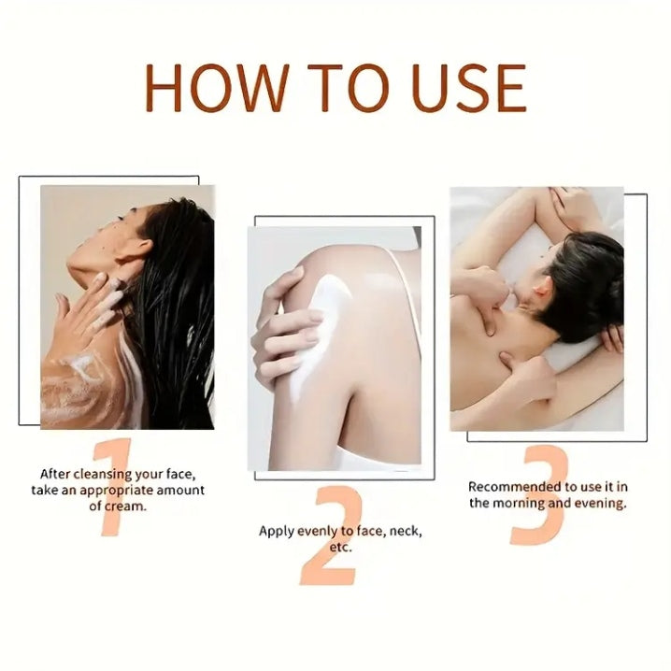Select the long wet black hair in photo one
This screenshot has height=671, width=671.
click(x=178, y=308)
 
